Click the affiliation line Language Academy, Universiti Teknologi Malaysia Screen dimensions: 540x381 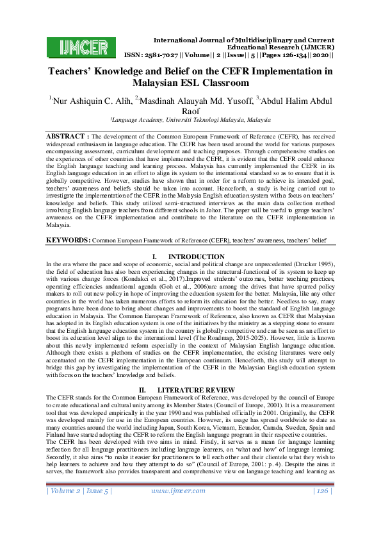(190, 120)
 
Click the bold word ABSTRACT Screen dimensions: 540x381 (66, 137)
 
